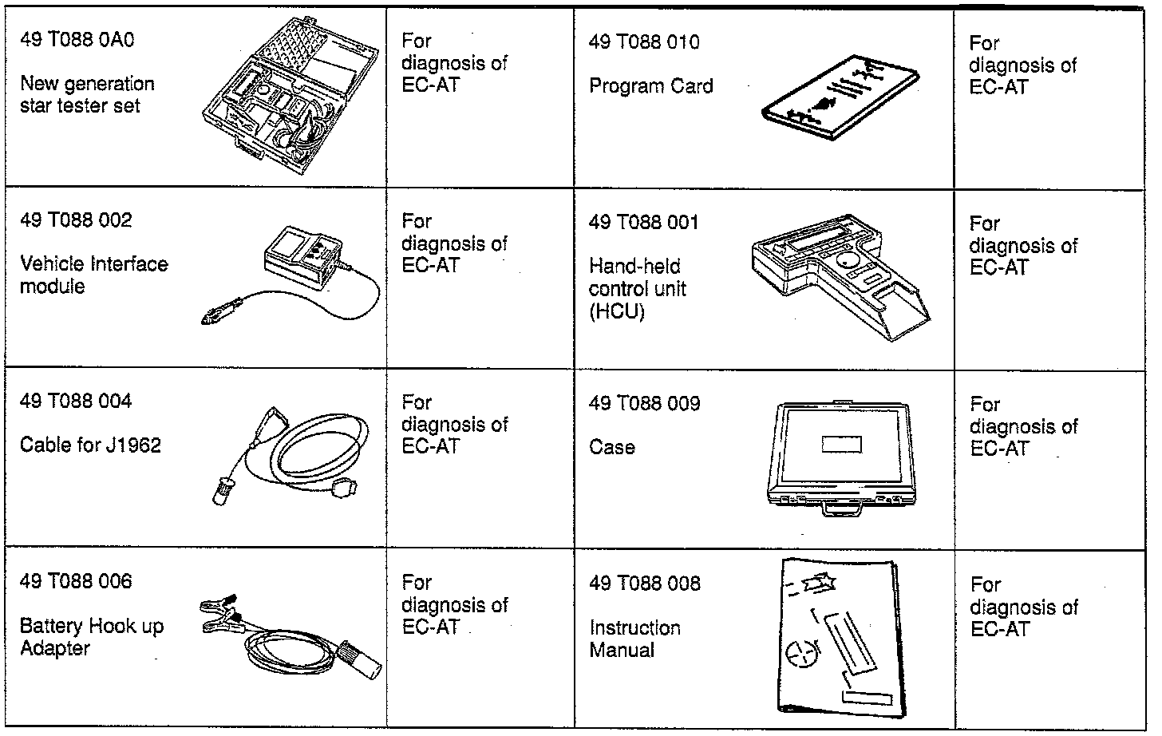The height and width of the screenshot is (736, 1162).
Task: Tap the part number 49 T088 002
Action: (76, 220)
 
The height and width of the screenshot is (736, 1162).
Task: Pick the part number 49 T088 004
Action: (76, 401)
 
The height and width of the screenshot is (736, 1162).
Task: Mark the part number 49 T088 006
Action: (76, 581)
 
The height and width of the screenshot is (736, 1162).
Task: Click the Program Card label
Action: (650, 86)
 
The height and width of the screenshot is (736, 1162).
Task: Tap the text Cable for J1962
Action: (90, 445)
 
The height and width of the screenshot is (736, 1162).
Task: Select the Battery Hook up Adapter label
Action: (91, 636)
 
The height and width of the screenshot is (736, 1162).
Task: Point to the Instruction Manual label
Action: (634, 639)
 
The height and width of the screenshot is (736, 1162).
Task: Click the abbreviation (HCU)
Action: (616, 311)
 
